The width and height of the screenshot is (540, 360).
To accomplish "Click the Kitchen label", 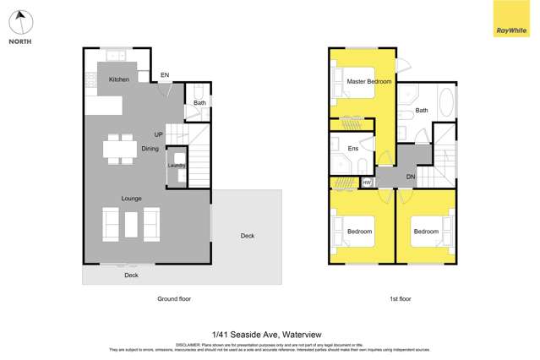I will [118, 79].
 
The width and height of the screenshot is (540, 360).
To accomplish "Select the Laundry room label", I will [177, 166].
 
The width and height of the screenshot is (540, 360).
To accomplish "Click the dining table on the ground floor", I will [119, 148].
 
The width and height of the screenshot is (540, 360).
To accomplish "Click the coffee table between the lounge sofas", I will [130, 223].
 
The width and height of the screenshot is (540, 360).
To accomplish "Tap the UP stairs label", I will [158, 135].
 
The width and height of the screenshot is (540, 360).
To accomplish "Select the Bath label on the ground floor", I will [199, 104].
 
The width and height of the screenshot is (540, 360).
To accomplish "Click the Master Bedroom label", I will [369, 81].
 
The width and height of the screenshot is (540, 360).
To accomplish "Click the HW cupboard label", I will [367, 182].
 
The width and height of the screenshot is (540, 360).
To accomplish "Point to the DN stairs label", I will [411, 177].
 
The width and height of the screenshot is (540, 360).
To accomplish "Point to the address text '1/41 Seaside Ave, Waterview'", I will [270, 334].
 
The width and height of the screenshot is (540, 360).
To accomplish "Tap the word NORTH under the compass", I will [20, 41].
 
